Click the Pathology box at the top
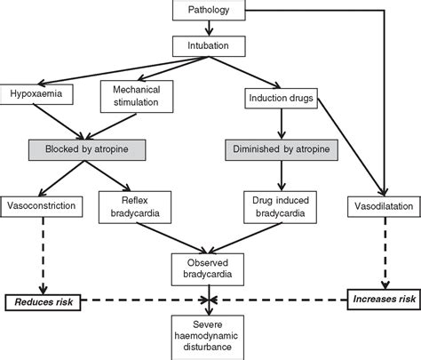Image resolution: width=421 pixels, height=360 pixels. pyautogui.click(x=208, y=12)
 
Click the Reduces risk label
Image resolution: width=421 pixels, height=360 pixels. pyautogui.click(x=41, y=303)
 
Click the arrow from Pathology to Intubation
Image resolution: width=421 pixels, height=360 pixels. pyautogui.click(x=208, y=27)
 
